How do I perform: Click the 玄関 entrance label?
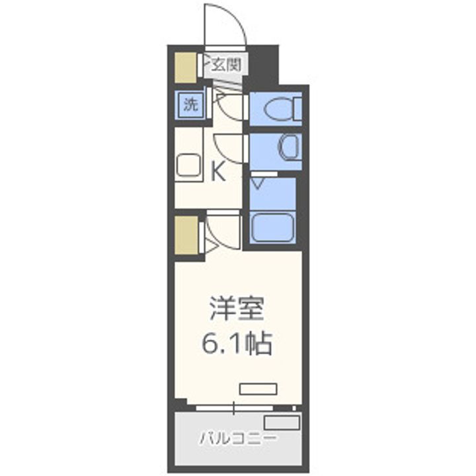click(225, 65)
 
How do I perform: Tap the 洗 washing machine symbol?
click(190, 105)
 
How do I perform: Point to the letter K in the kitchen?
click(218, 173)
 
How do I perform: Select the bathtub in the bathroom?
click(272, 227)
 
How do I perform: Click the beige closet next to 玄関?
click(184, 66)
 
